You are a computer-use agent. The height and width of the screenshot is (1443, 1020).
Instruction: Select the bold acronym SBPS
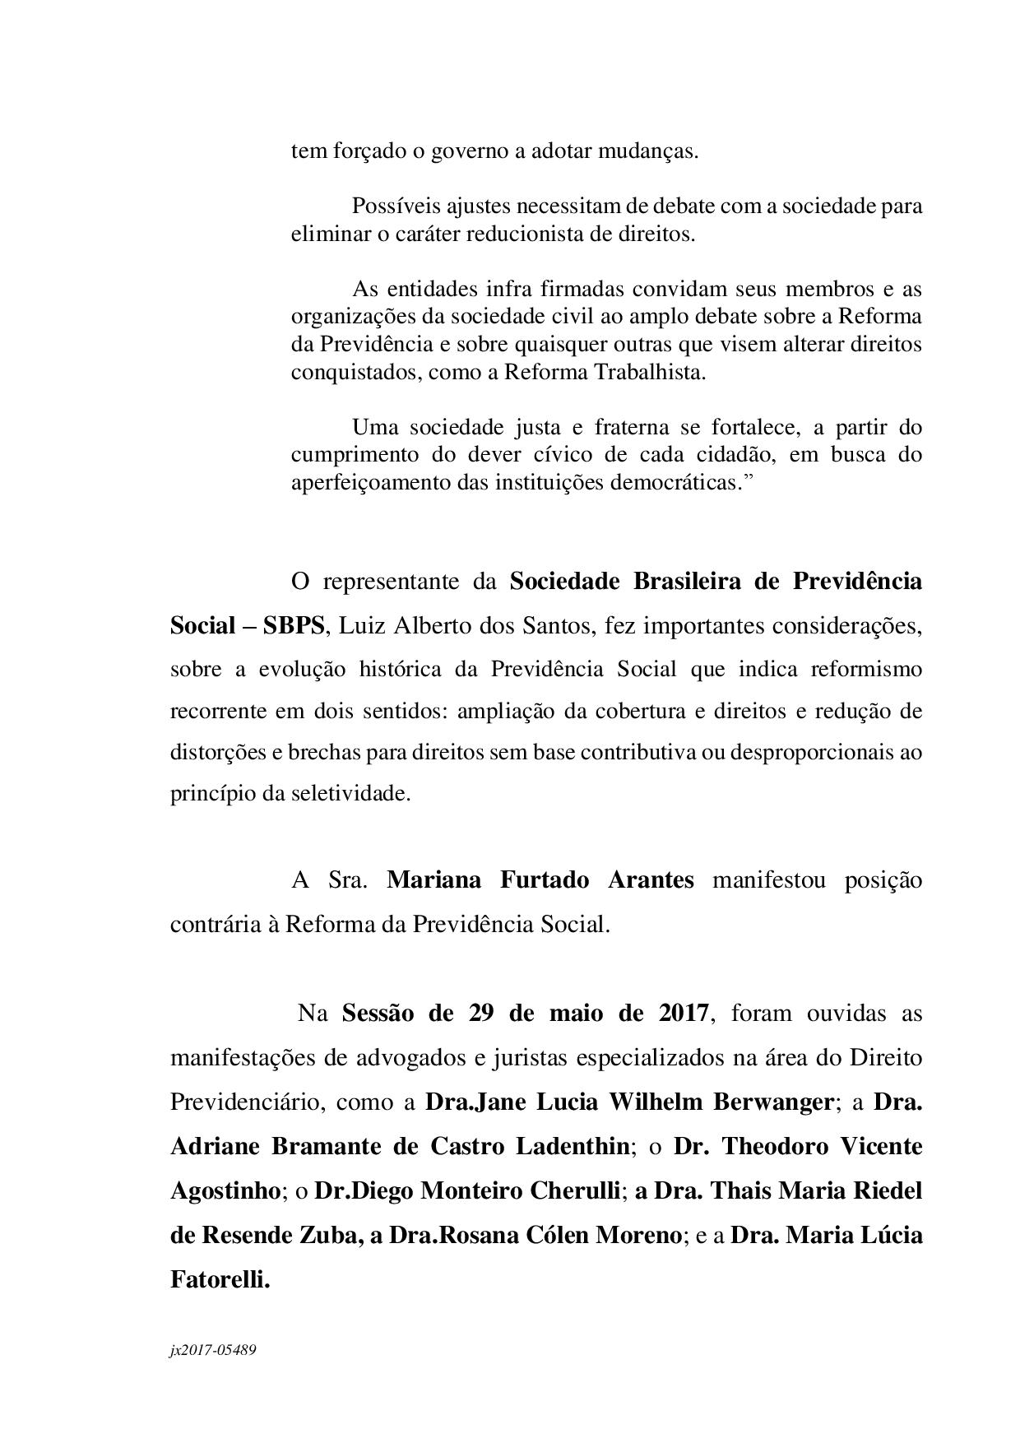(294, 625)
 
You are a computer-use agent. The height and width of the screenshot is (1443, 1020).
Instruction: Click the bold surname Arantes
(651, 880)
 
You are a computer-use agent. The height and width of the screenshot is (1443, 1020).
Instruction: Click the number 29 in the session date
(481, 1013)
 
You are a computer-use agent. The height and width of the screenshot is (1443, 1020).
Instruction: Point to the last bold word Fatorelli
(220, 1279)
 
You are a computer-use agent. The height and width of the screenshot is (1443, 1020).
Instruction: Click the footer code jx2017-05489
(213, 1350)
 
